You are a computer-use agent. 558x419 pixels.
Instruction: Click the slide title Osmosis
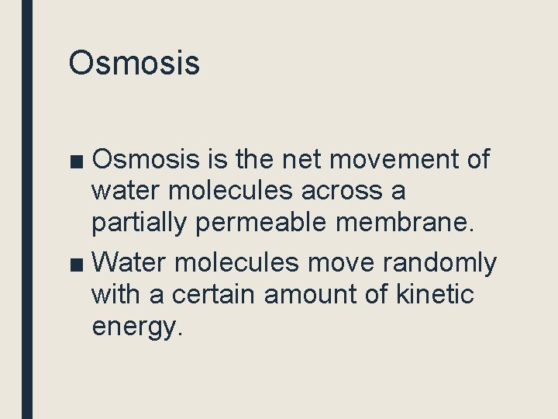pos(134,63)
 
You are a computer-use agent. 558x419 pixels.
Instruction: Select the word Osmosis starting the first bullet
pos(146,159)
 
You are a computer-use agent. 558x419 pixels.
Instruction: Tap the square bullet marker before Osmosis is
pos(77,161)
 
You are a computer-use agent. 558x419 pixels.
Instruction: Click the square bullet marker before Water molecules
pos(77,265)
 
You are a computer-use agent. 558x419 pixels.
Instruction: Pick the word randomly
pos(440,264)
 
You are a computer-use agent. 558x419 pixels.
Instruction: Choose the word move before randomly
pos(341,264)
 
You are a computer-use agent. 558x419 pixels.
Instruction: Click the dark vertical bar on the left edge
pos(27,209)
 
